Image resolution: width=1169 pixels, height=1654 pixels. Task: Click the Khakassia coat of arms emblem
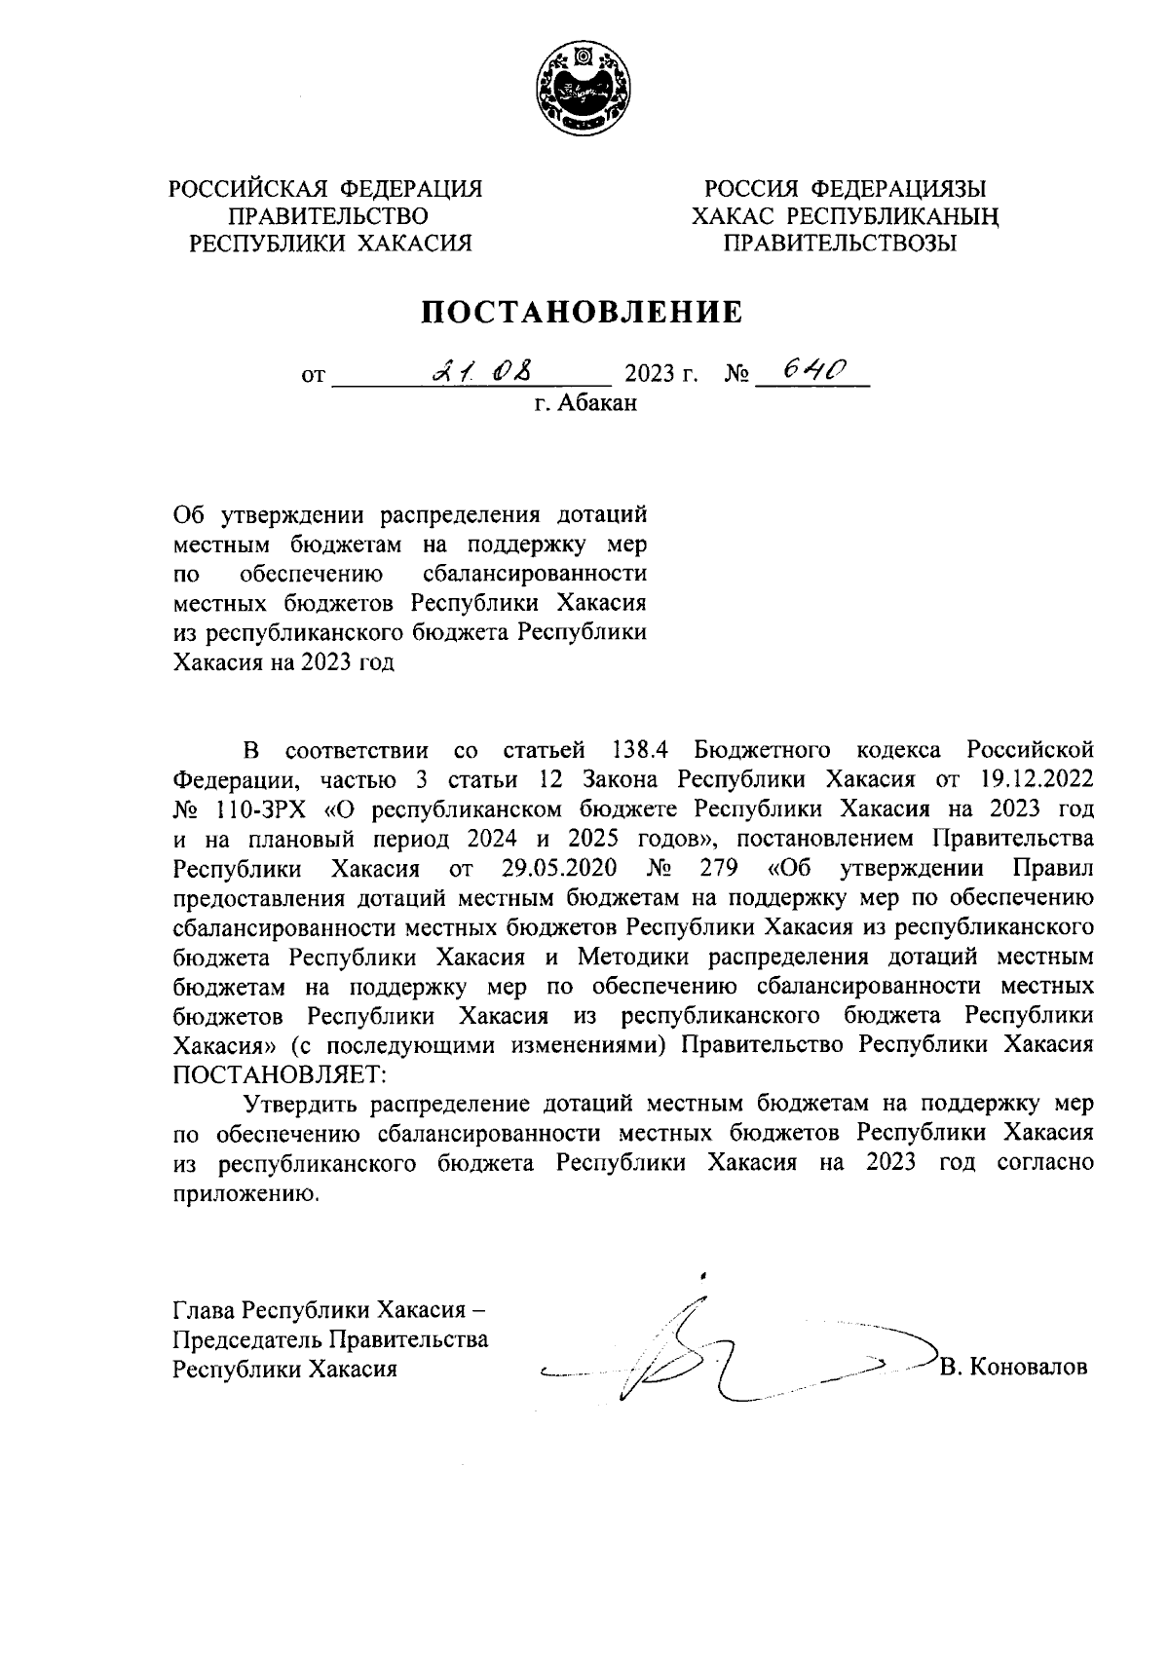coord(583,91)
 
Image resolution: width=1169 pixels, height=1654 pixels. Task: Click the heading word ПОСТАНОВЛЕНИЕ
coord(583,312)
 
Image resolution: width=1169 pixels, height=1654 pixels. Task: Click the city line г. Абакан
coord(584,403)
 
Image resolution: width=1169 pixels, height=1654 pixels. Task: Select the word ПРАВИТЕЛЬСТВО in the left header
coord(327,215)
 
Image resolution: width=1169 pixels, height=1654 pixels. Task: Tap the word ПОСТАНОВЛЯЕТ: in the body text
coord(280,1074)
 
